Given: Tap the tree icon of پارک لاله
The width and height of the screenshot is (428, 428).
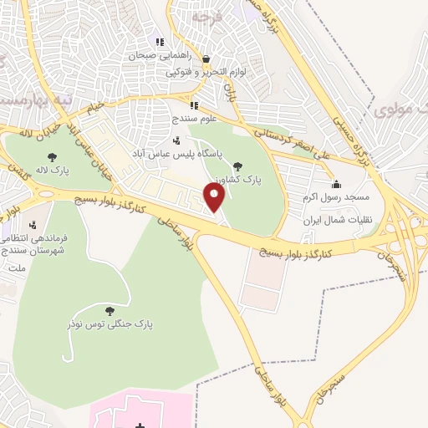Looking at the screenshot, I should (x=53, y=156).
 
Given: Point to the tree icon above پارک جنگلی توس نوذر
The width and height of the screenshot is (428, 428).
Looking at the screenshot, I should (x=110, y=311).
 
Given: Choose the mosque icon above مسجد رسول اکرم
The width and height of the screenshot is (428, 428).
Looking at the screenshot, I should (x=336, y=183).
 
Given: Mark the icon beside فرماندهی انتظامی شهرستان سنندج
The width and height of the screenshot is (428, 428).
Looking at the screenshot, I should (x=33, y=225).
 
